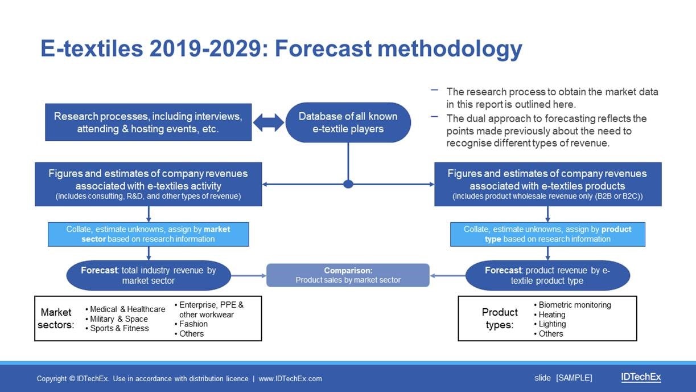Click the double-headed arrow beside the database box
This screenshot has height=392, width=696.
point(269,122)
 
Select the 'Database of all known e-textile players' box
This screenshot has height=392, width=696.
point(348,122)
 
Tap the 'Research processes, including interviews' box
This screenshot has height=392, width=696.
point(148,122)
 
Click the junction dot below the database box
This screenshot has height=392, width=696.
point(348,184)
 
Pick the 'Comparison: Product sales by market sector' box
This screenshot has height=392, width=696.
point(348,275)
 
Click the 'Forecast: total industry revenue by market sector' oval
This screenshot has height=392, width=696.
point(149,275)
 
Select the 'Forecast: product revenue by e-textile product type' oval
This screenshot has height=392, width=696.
point(547,275)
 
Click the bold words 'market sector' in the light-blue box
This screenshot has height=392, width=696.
point(156,234)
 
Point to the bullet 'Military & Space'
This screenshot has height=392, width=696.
point(117,319)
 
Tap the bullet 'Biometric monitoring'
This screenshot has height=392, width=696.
point(573,305)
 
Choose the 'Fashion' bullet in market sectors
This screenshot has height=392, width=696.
point(191,324)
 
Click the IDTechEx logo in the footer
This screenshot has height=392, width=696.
point(641,377)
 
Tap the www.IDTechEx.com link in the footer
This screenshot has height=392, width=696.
point(290,379)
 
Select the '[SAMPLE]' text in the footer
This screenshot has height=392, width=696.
point(574,378)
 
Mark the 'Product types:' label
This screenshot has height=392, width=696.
point(500,318)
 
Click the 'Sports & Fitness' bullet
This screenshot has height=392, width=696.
point(117,328)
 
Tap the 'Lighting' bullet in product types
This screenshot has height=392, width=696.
point(550,324)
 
